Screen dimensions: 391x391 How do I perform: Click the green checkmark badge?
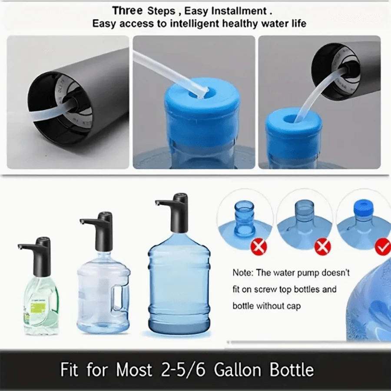383,248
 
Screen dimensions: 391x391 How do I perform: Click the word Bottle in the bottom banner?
292,370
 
